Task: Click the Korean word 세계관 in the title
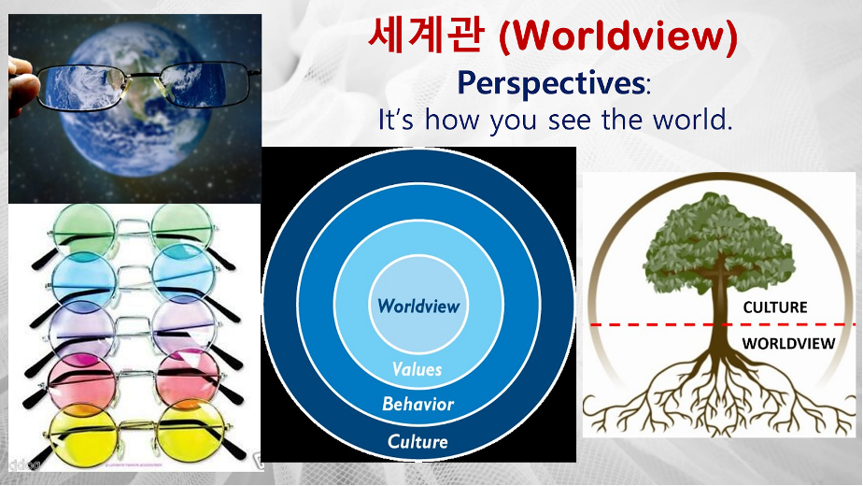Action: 427,35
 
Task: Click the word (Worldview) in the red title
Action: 617,36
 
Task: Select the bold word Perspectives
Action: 551,84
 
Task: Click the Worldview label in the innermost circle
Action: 418,306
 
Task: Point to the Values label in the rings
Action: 417,368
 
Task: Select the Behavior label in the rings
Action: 417,404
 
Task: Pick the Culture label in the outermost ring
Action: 417,441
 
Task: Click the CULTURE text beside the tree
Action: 775,307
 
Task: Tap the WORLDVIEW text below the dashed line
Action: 788,343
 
